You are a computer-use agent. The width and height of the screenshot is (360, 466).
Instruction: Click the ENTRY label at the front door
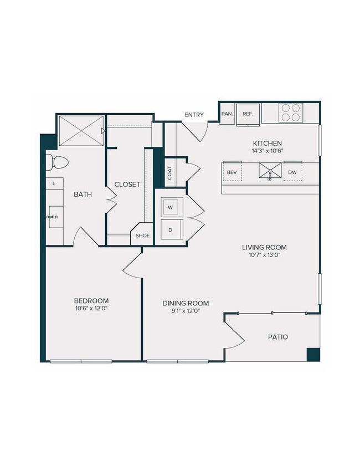(x=194, y=115)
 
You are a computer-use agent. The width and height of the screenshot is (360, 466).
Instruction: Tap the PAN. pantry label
(x=227, y=114)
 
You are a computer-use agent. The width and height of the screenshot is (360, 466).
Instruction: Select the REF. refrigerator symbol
(x=248, y=114)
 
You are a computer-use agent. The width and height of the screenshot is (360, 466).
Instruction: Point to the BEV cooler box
(x=232, y=172)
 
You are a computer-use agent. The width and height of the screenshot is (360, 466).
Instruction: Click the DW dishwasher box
(x=292, y=172)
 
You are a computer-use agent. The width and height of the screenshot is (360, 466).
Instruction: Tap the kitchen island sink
(x=270, y=172)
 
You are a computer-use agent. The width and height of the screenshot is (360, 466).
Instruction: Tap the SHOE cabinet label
(x=143, y=235)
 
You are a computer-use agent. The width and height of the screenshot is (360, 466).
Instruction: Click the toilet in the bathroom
(x=56, y=162)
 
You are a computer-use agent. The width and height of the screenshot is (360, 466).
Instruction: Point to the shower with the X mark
(x=81, y=131)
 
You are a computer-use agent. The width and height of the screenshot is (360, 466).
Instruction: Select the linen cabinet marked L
(x=54, y=183)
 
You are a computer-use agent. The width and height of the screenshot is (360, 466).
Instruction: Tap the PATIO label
(x=277, y=337)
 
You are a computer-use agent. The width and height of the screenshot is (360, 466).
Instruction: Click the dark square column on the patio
(x=313, y=354)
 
